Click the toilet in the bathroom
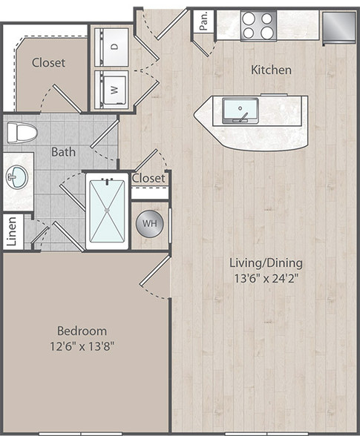[x=22, y=133]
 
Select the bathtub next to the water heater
[x=107, y=211]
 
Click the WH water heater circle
[x=149, y=223]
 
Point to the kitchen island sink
[x=240, y=110]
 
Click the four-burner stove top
[x=258, y=26]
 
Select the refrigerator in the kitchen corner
[x=339, y=28]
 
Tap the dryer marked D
[x=111, y=47]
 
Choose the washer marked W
[x=111, y=90]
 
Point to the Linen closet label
[x=11, y=231]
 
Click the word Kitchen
[x=271, y=70]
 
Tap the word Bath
[x=64, y=152]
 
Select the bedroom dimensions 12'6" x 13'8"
[x=82, y=346]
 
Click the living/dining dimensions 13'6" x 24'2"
[x=266, y=278]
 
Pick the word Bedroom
[x=82, y=331]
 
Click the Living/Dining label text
[x=266, y=263]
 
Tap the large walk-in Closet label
[x=48, y=62]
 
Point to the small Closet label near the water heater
[x=148, y=178]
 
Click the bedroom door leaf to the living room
[x=155, y=271]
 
